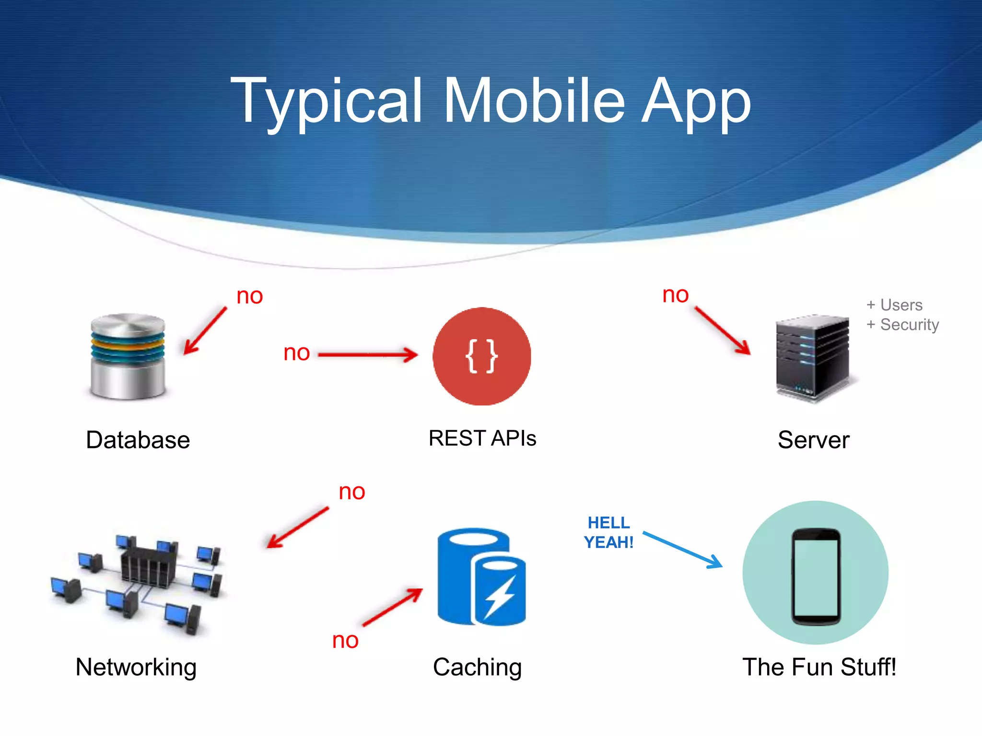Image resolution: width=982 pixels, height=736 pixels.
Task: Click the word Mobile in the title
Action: click(x=535, y=102)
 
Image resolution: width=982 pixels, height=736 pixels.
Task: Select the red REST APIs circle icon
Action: click(x=481, y=356)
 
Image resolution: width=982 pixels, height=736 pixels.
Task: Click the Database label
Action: click(x=138, y=440)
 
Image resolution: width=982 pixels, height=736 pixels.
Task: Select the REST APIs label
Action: click(x=482, y=438)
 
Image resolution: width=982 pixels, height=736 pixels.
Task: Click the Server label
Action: click(x=813, y=440)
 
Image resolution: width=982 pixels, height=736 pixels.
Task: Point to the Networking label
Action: click(x=136, y=667)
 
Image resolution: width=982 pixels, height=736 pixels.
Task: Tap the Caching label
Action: click(x=477, y=667)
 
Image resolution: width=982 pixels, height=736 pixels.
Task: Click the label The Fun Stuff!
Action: click(x=819, y=667)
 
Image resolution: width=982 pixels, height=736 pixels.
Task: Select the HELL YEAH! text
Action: click(x=608, y=532)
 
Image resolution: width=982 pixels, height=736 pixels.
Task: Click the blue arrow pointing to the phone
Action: click(x=682, y=550)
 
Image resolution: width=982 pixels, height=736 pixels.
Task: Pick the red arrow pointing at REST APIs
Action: click(x=368, y=355)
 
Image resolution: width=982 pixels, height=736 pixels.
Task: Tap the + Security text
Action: click(x=902, y=324)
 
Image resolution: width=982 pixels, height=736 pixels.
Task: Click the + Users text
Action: click(x=894, y=305)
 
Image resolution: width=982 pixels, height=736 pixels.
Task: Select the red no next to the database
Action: click(x=249, y=296)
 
